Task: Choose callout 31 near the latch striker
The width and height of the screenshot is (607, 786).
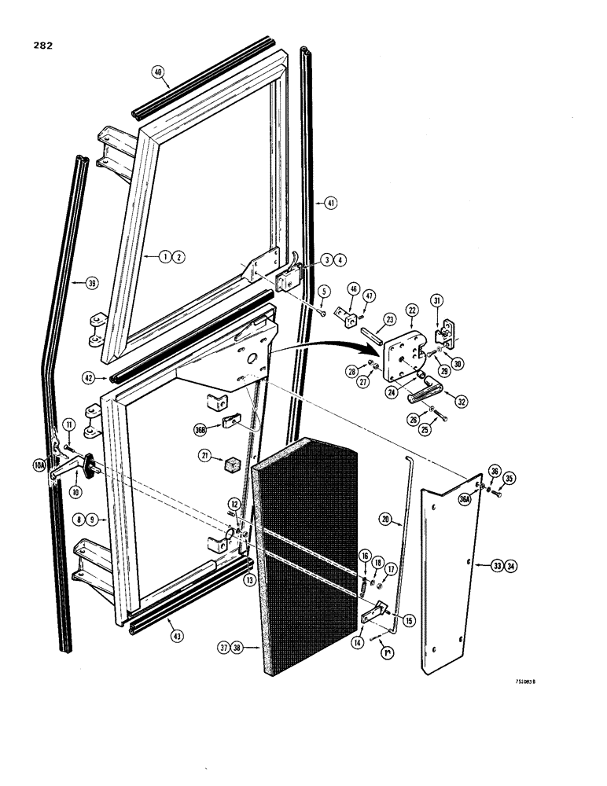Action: click(438, 299)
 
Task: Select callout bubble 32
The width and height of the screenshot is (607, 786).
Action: click(461, 402)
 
